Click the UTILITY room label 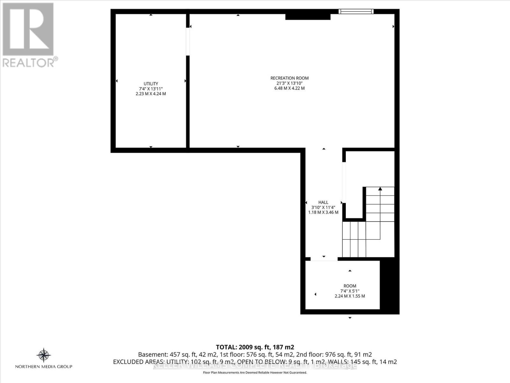pyautogui.click(x=151, y=84)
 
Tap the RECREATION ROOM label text pyautogui.click(x=289, y=78)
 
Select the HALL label pyautogui.click(x=323, y=202)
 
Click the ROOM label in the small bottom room pyautogui.click(x=350, y=286)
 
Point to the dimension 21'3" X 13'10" pyautogui.click(x=289, y=83)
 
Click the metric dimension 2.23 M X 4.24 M pyautogui.click(x=151, y=94)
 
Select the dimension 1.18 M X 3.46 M pyautogui.click(x=323, y=212)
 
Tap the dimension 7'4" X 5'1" pyautogui.click(x=350, y=291)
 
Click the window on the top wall pyautogui.click(x=356, y=12)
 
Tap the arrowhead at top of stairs pyautogui.click(x=380, y=189)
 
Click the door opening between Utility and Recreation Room pyautogui.click(x=188, y=41)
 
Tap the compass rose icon pyautogui.click(x=44, y=355)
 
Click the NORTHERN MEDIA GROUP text pyautogui.click(x=44, y=367)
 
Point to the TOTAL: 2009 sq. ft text pyautogui.click(x=255, y=347)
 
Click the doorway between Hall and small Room pyautogui.click(x=324, y=259)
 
